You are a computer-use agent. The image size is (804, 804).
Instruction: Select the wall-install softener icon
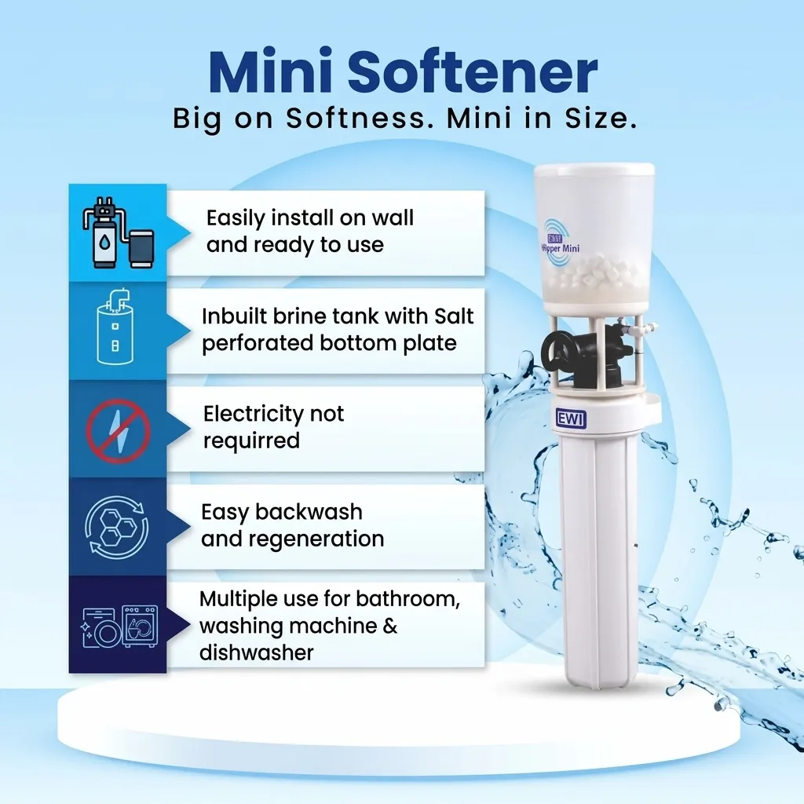click(118, 232)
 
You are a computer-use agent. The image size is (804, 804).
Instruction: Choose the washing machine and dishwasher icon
click(119, 626)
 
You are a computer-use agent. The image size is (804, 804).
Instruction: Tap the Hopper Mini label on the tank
click(561, 248)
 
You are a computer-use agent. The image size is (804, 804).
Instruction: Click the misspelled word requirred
click(251, 440)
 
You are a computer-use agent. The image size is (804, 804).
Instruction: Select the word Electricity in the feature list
click(249, 413)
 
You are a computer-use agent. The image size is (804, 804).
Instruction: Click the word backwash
click(309, 512)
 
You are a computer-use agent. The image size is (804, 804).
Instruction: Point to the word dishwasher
click(256, 652)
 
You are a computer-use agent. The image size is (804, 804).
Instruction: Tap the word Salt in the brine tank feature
click(454, 316)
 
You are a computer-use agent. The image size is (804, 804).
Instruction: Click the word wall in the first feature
click(393, 218)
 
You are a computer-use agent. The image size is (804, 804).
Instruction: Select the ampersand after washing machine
click(390, 626)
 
